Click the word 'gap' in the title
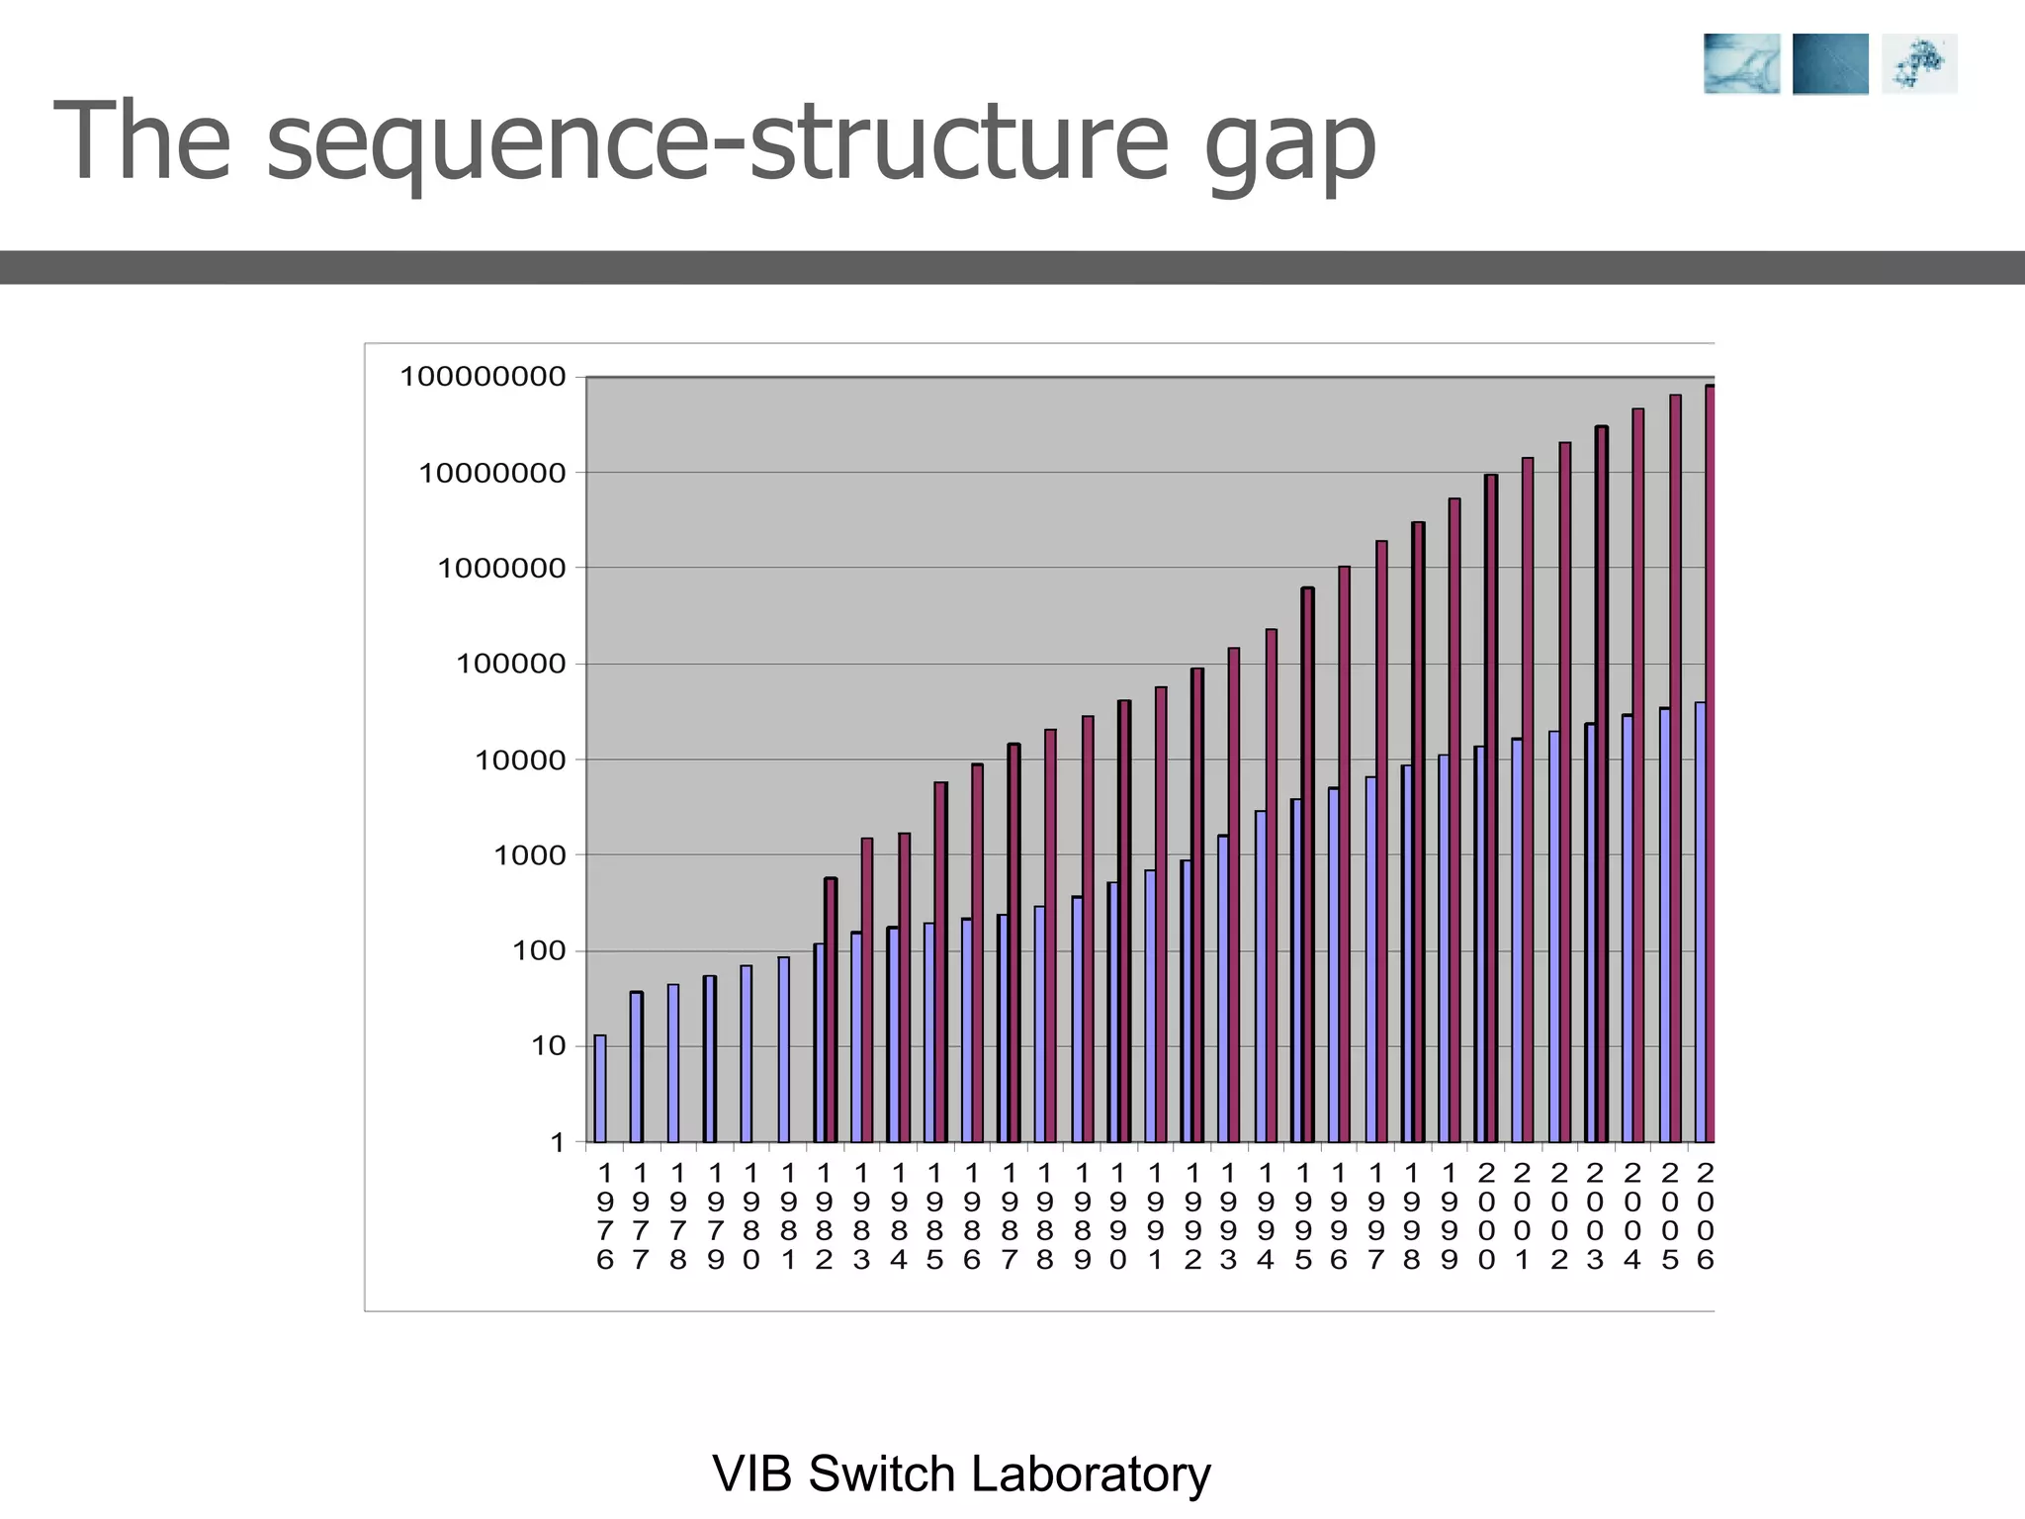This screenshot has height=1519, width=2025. coord(1290,146)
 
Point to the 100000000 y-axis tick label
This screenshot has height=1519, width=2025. coord(483,377)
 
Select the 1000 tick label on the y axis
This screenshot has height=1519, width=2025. coord(530,855)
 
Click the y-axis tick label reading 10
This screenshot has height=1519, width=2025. coord(549,1046)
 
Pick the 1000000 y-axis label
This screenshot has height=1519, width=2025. coord(501,569)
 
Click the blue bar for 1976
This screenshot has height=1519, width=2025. coord(600,1089)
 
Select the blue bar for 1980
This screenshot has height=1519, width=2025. coord(747,1053)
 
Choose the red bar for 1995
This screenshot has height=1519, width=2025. coord(1308,865)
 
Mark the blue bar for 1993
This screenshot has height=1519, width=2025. coord(1223,989)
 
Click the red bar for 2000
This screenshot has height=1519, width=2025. coord(1491,809)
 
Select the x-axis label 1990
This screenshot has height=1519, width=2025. coord(1118,1216)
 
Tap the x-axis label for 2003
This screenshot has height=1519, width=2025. coord(1595,1216)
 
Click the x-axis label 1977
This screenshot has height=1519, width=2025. coord(641,1216)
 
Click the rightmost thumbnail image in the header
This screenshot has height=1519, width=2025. coord(1919,64)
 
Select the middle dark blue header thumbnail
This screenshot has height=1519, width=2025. coord(1830,64)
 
